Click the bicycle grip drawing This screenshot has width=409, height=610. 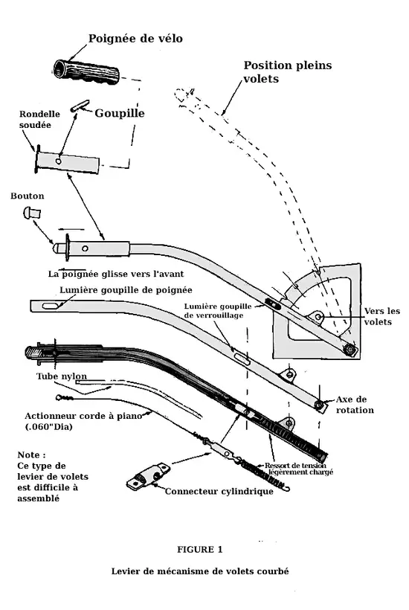(86, 73)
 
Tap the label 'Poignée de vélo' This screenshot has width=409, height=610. (135, 39)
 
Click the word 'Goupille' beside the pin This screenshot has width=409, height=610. (120, 113)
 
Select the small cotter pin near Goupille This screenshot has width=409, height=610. (80, 106)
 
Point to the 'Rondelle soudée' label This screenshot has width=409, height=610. (39, 120)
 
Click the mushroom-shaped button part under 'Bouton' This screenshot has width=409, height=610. (32, 213)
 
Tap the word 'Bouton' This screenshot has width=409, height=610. (28, 196)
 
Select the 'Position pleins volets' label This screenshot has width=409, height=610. (288, 71)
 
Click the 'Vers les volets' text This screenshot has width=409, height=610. (381, 316)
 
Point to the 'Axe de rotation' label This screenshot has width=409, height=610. (355, 405)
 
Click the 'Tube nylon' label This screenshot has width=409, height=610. (62, 376)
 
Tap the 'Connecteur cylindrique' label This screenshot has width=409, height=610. (219, 491)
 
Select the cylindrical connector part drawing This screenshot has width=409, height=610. (148, 476)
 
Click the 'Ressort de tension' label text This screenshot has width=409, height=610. (295, 465)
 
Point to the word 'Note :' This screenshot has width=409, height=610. (31, 455)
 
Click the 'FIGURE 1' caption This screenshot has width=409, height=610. (200, 549)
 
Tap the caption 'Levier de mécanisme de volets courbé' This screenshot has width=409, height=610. (200, 571)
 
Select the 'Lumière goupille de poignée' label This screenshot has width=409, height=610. (126, 290)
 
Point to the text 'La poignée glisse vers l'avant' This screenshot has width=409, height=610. (116, 274)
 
